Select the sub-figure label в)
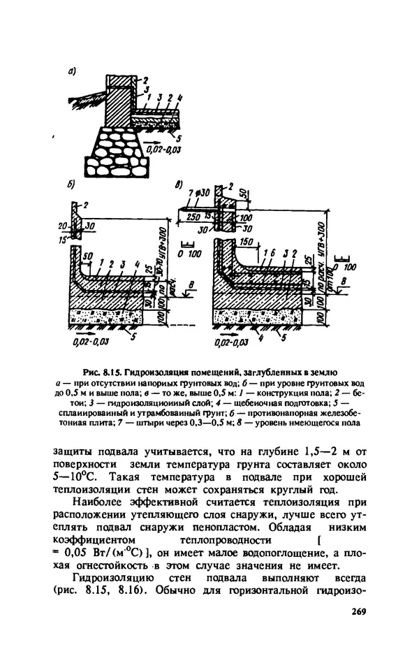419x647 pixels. [179, 187]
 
